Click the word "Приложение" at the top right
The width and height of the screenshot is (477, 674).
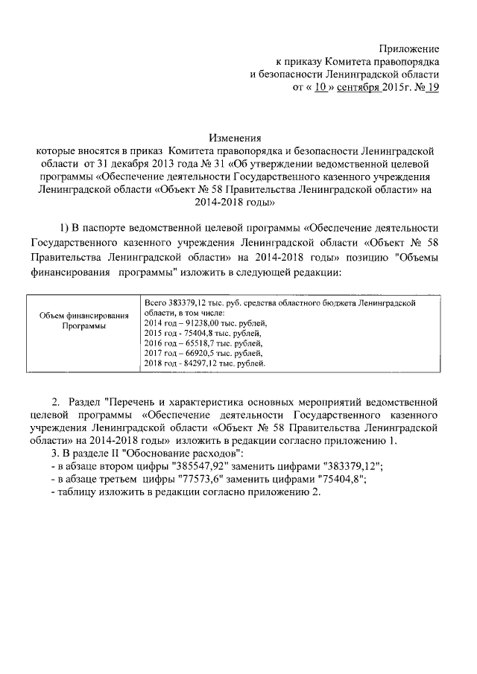point(410,48)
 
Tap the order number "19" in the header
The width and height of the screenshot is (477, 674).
point(433,89)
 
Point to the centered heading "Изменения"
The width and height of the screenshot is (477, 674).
point(236,138)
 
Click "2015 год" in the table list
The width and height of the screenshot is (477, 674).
point(159,334)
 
